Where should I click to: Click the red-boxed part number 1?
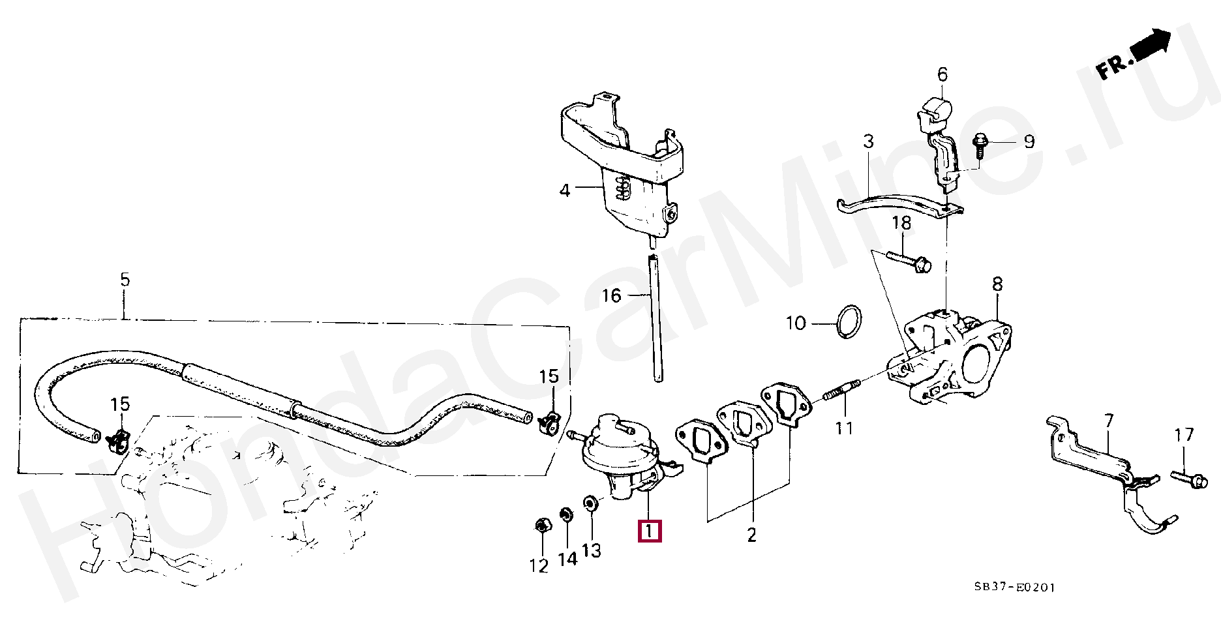pos(650,531)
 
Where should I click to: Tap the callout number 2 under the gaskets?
pos(751,535)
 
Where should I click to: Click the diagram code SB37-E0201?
pos(1014,587)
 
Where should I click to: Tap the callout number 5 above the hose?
pos(125,280)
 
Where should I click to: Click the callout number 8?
pos(997,284)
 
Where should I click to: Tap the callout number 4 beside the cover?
pos(565,190)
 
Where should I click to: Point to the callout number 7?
pos(1109,421)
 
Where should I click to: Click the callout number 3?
pos(868,142)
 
